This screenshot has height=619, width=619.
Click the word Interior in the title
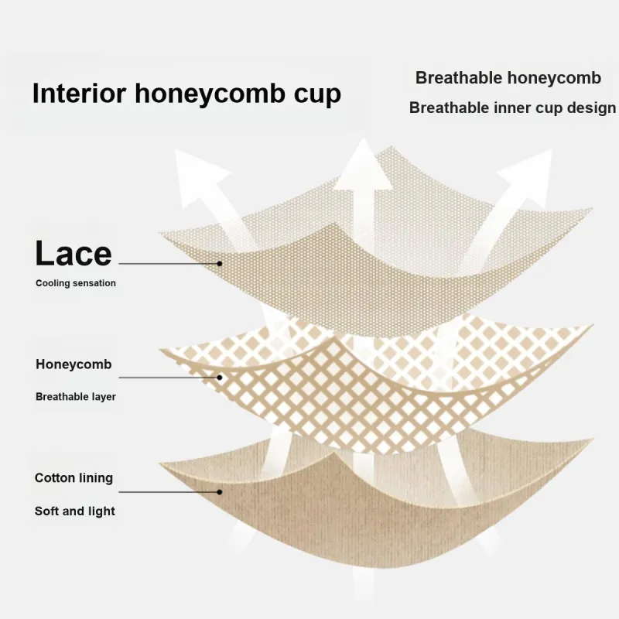tap(79, 93)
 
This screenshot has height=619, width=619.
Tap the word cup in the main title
tap(317, 95)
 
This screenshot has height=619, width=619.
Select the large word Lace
tap(74, 254)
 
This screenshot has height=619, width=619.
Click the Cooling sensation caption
tap(75, 283)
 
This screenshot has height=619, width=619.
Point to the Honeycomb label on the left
tap(74, 364)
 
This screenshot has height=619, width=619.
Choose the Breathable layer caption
tap(76, 397)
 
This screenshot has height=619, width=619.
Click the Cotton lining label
tap(74, 478)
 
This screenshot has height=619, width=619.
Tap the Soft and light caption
tap(75, 511)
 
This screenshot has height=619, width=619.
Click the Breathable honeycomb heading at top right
tap(508, 79)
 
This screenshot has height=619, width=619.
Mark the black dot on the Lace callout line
tap(220, 263)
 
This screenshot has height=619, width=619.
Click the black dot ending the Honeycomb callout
tap(220, 378)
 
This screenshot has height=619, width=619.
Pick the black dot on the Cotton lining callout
tap(220, 492)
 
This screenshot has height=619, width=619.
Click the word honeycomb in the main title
tap(210, 94)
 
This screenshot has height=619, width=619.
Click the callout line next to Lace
tap(169, 263)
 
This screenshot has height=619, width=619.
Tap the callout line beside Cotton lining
tap(169, 492)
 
